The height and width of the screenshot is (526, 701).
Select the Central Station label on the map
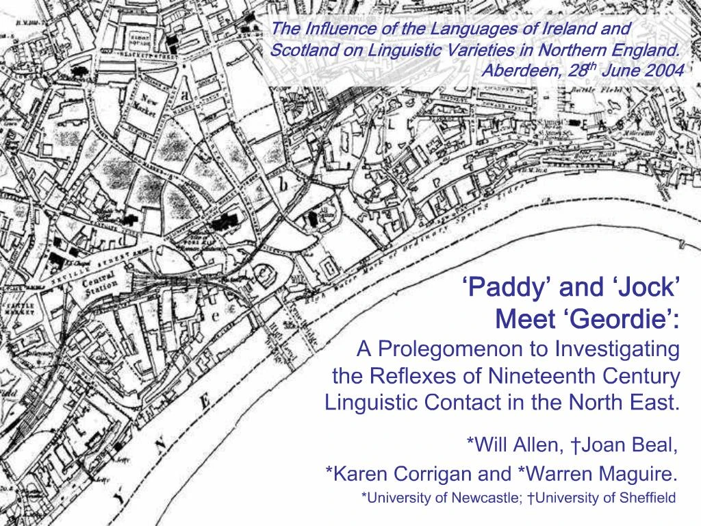point(99,286)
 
